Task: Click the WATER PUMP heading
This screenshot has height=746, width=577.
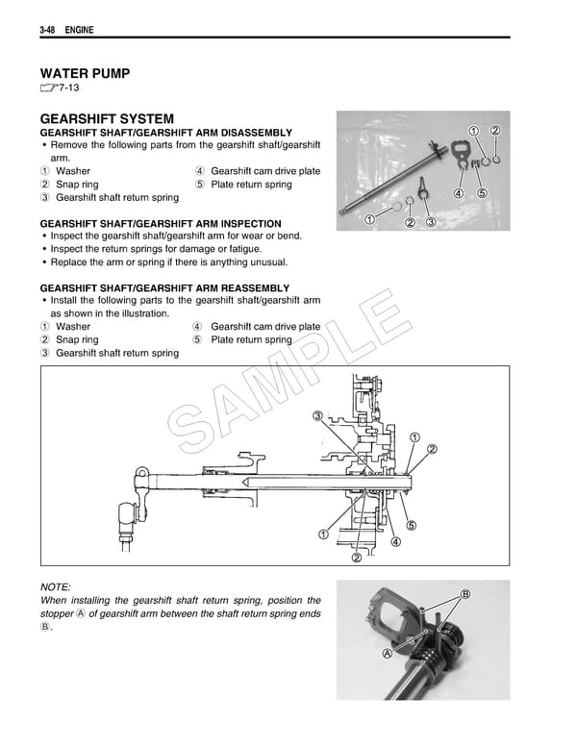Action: point(85,73)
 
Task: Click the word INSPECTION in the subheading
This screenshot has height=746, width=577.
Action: point(248,223)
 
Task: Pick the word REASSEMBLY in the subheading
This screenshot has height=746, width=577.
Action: point(255,287)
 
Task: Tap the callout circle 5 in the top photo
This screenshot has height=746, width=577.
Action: point(481,192)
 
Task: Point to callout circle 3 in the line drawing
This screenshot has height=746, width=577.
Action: point(317,415)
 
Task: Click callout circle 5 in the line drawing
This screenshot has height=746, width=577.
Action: point(411,525)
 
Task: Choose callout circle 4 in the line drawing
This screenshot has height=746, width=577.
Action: point(395,542)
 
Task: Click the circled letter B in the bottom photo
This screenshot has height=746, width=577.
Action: point(466,594)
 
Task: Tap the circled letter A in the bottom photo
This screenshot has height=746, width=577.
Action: point(387,652)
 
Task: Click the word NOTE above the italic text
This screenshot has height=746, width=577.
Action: point(56,586)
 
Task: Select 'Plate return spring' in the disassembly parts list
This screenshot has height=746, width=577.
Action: point(251,185)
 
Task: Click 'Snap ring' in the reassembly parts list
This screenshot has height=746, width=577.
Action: point(77,339)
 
